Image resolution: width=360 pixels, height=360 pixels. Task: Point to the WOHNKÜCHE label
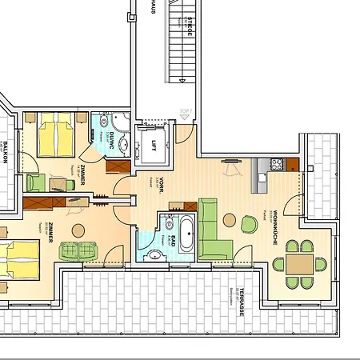[x=274, y=228]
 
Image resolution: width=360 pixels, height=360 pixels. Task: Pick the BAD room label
[x=162, y=228]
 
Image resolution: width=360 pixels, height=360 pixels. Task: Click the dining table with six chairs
[x=300, y=263]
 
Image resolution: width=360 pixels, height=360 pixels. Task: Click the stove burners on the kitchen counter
[x=276, y=164]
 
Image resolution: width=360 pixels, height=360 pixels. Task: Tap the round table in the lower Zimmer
[x=78, y=231]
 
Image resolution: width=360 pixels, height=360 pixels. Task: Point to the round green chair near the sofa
[x=250, y=224]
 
